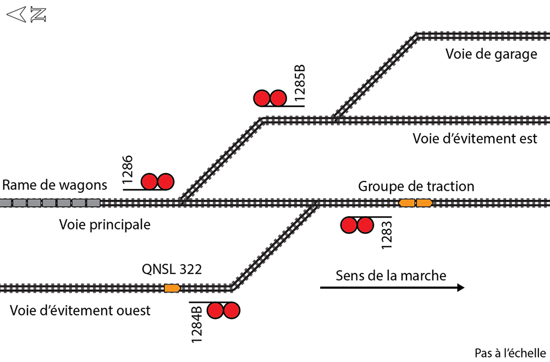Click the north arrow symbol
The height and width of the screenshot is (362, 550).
[26, 15]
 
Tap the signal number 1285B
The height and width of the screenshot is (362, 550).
[299, 84]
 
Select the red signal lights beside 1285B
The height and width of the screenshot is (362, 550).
[269, 98]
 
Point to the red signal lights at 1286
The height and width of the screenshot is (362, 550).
[157, 182]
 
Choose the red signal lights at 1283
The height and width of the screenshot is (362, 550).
[357, 225]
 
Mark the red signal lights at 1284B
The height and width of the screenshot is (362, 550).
[223, 311]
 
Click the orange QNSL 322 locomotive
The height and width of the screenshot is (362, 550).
[173, 288]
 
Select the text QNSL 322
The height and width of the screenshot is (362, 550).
[172, 269]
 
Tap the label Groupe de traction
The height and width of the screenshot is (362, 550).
[416, 186]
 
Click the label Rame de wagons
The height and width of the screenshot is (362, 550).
[54, 185]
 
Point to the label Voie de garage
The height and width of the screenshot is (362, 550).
[491, 54]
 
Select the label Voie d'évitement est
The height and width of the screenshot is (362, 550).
[475, 138]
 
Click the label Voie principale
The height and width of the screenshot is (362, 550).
[105, 224]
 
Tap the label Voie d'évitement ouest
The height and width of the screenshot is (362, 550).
[80, 310]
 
